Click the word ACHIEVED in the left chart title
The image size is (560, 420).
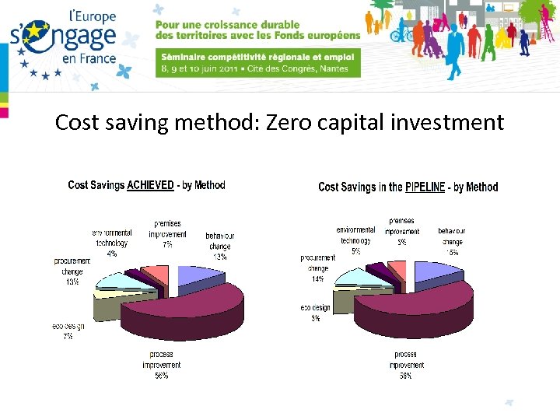click(150, 185)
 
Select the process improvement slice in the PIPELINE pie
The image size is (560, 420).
click(420, 307)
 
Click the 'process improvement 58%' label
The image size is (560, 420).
click(404, 365)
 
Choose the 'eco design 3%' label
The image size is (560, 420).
click(315, 312)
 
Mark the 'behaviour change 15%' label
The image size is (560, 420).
click(452, 242)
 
